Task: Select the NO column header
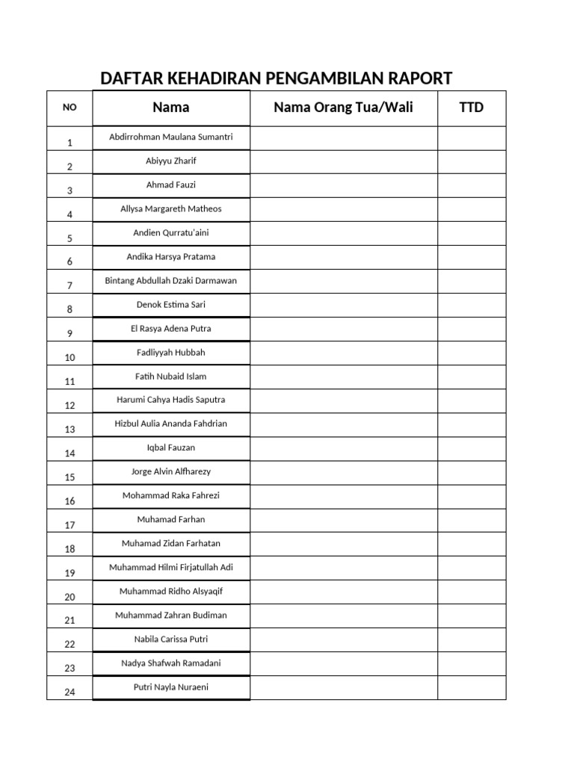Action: pyautogui.click(x=70, y=108)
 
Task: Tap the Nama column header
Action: pyautogui.click(x=171, y=108)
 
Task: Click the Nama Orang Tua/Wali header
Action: pyautogui.click(x=343, y=108)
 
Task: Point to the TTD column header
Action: pyautogui.click(x=471, y=108)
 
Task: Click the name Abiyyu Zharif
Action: pyautogui.click(x=171, y=161)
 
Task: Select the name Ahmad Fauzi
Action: pyautogui.click(x=171, y=185)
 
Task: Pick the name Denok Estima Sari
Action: pyautogui.click(x=171, y=305)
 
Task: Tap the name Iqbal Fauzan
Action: pyautogui.click(x=171, y=447)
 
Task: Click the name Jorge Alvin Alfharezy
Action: pyautogui.click(x=171, y=471)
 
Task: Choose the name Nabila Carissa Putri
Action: pyautogui.click(x=171, y=639)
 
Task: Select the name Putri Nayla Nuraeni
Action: pyautogui.click(x=171, y=687)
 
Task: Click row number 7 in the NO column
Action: pyautogui.click(x=70, y=286)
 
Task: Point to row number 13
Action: pyautogui.click(x=70, y=430)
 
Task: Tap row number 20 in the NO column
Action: pyautogui.click(x=70, y=597)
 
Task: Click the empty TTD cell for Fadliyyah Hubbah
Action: pyautogui.click(x=471, y=353)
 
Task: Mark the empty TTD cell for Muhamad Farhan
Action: pyautogui.click(x=471, y=521)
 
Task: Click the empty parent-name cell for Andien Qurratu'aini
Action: pyautogui.click(x=343, y=234)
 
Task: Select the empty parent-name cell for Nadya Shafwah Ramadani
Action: pyautogui.click(x=343, y=664)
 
